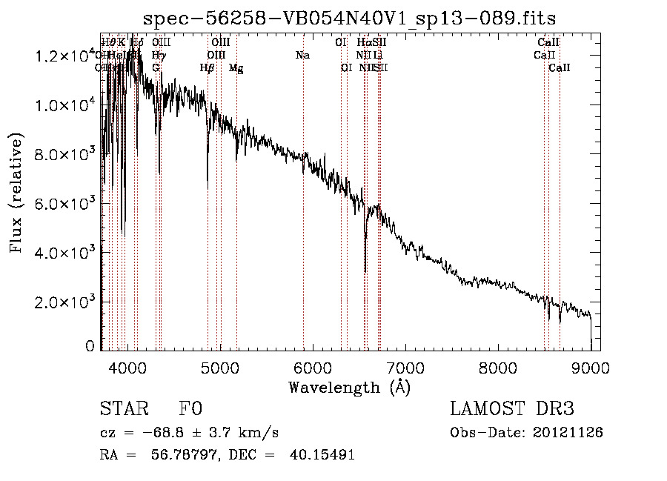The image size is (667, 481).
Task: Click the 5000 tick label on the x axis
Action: pyautogui.click(x=219, y=368)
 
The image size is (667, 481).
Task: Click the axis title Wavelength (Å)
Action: pyautogui.click(x=349, y=387)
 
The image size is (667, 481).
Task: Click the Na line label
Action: pyautogui.click(x=302, y=56)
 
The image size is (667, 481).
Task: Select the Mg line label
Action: pyautogui.click(x=236, y=69)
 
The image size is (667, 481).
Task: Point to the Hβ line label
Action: pyautogui.click(x=208, y=68)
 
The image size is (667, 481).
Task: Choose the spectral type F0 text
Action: pyautogui.click(x=190, y=409)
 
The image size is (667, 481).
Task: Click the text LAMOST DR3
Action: pyautogui.click(x=512, y=409)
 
